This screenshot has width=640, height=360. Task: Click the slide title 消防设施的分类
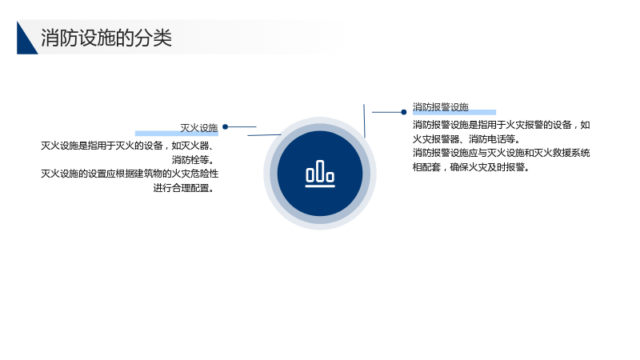pos(106,38)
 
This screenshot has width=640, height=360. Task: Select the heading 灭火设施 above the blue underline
pos(199,128)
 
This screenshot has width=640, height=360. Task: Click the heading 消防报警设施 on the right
pos(441,107)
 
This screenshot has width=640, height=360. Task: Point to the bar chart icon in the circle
pos(320,174)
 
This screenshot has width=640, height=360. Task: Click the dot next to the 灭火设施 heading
pos(226,127)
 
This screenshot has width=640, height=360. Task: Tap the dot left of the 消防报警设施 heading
pos(404,112)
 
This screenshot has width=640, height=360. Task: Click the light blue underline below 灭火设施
pos(177,134)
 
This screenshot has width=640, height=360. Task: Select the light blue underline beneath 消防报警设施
pos(454,112)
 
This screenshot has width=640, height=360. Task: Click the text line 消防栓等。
pos(193,159)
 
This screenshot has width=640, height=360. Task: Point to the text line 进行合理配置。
pos(184,188)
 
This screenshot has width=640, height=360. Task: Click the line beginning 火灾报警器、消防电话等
pos(466,139)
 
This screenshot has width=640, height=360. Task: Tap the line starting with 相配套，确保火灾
pos(471,167)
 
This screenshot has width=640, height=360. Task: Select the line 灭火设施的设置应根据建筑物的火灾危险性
pos(130,174)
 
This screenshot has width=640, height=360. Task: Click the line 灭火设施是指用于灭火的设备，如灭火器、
pos(128,146)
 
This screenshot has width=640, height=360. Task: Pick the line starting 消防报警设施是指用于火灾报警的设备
pos(502,125)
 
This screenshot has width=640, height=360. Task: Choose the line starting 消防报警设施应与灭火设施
pos(502,153)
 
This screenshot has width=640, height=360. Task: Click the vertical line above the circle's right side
pos(365,121)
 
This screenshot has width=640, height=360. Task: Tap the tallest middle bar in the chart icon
pos(320,171)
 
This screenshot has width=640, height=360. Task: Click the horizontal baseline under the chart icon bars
pos(320,186)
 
